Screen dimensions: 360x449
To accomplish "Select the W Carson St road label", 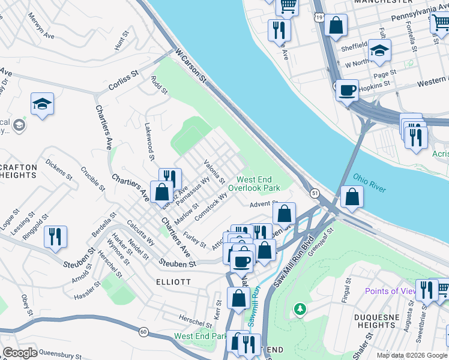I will (191, 65).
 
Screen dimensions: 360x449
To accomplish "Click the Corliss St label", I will (124, 81).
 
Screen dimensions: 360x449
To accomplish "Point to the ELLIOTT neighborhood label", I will (173, 281).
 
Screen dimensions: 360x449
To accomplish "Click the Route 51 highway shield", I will (315, 193).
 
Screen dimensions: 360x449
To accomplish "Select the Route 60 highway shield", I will (143, 331).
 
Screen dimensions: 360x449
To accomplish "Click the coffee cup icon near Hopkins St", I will (347, 91).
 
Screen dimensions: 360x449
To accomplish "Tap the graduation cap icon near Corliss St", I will (43, 104).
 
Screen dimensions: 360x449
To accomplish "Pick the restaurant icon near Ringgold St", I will (55, 236).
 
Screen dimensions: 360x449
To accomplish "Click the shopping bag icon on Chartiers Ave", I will (161, 192).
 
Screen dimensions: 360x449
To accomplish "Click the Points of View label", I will (390, 291).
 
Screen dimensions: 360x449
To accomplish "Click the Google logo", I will (20, 353).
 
